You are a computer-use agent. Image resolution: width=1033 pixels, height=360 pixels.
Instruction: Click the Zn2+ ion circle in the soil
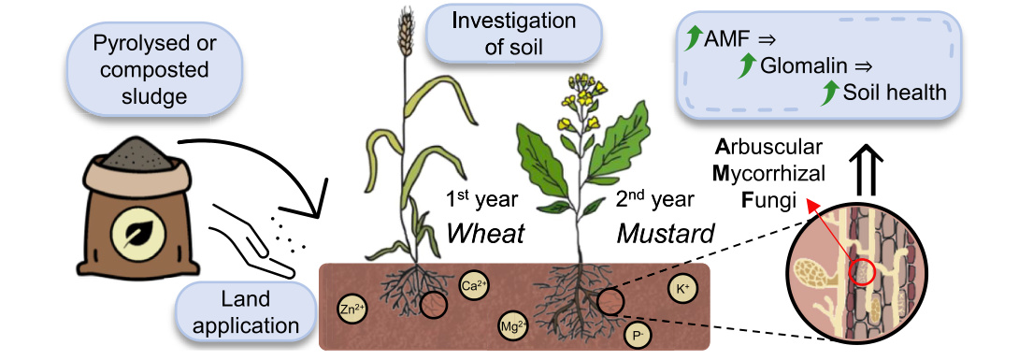(352, 310)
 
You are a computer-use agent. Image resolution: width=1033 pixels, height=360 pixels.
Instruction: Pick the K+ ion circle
(681, 289)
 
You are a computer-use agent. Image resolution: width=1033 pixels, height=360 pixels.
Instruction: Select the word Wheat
(485, 234)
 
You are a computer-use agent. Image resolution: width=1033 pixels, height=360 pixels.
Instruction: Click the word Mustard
(666, 234)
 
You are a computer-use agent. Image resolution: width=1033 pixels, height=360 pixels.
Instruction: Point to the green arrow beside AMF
(692, 39)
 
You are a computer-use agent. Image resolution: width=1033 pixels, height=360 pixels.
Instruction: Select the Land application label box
(244, 311)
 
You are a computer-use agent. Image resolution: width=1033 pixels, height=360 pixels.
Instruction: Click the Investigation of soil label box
(514, 35)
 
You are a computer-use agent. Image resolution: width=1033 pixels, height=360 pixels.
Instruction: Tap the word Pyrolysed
(155, 44)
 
